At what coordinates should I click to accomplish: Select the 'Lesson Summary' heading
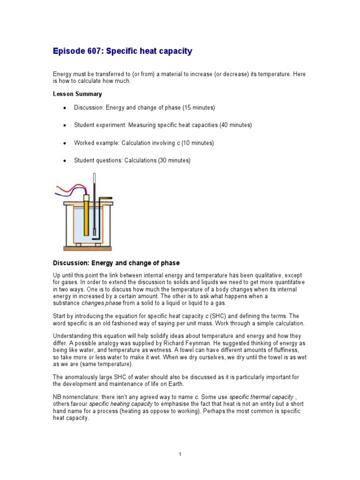[77, 94]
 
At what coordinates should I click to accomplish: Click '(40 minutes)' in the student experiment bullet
[236, 125]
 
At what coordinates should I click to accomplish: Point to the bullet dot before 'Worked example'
[64, 143]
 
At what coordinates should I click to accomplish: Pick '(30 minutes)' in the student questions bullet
[174, 160]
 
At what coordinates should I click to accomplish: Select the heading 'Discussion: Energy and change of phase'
[116, 263]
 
